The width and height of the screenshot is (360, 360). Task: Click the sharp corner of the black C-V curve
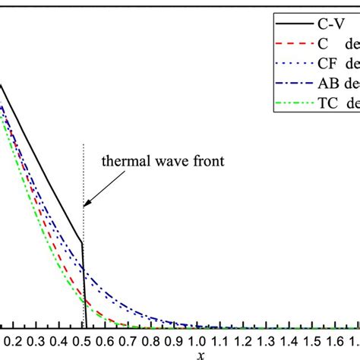(82, 243)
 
